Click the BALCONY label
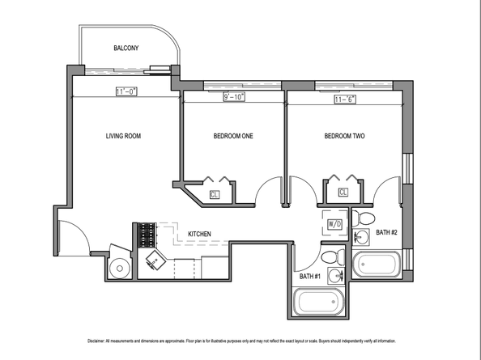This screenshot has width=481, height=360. point(126,49)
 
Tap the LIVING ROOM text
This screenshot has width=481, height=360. point(123,136)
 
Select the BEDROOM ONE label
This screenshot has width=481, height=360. point(233,136)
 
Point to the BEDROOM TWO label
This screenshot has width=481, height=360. point(344,136)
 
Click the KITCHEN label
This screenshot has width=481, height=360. point(199,235)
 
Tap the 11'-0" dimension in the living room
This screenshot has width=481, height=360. point(125,91)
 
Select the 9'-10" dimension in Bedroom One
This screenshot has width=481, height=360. point(233,97)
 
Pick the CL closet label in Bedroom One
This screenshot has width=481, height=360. point(215,194)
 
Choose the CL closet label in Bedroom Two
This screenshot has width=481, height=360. point(343,193)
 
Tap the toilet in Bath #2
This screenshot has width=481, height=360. point(365,219)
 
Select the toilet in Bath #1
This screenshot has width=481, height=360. point(330,258)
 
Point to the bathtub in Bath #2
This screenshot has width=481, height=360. point(377,265)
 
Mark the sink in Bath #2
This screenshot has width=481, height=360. point(359,237)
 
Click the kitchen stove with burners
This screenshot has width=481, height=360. point(147,235)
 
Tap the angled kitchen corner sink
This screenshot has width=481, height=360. point(154,260)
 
